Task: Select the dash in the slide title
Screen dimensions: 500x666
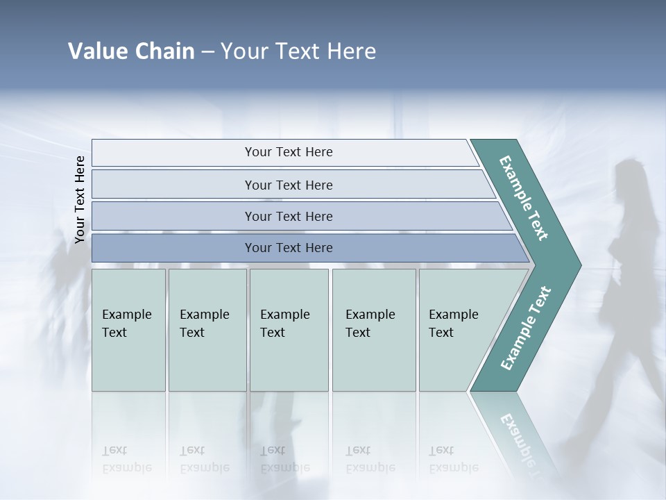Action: click(x=207, y=52)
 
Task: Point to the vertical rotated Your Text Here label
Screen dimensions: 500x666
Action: click(x=80, y=200)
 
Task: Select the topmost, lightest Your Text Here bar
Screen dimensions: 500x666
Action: click(x=288, y=152)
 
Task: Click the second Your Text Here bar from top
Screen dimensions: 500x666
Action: click(x=288, y=185)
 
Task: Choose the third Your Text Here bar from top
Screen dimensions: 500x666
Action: click(x=288, y=216)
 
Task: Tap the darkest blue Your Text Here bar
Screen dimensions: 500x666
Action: click(x=288, y=248)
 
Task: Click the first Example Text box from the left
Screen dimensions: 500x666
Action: click(x=128, y=330)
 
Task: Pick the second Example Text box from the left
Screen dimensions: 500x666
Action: click(x=207, y=330)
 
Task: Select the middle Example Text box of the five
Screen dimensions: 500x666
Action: click(x=289, y=330)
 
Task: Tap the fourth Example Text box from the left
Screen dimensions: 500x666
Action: click(x=373, y=330)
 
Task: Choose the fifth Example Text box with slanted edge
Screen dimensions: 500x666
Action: click(x=458, y=330)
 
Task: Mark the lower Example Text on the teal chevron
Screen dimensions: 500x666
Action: click(x=525, y=328)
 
